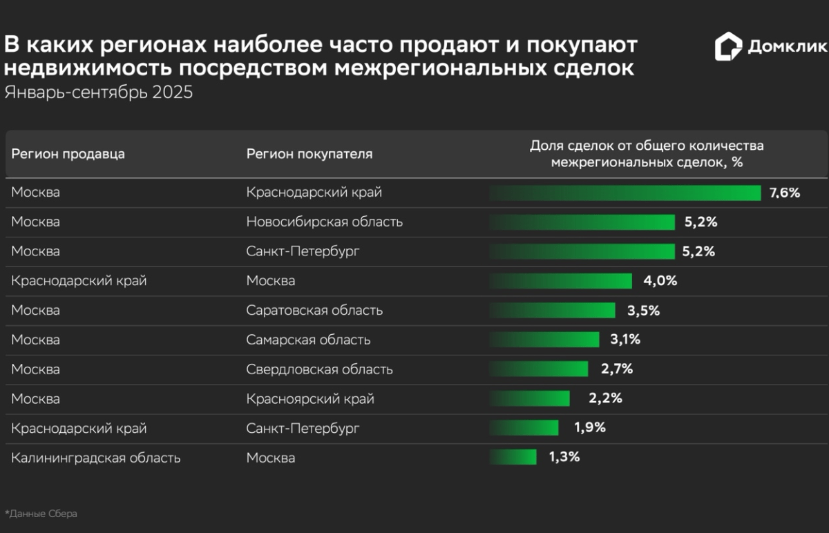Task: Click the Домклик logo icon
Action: [x=728, y=47]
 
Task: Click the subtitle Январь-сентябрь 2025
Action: [x=99, y=93]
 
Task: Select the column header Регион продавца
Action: [x=68, y=154]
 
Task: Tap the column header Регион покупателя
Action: [x=309, y=154]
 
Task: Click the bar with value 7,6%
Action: [x=625, y=193]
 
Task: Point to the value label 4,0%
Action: [x=661, y=281]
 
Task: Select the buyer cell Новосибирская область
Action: [x=325, y=222]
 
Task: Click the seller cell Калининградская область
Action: [x=96, y=458]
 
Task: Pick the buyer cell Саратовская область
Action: [x=314, y=311]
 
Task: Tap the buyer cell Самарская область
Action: [x=308, y=340]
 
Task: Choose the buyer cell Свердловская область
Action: [x=319, y=369]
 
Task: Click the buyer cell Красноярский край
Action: [x=310, y=399]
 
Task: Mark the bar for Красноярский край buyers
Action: [x=530, y=399]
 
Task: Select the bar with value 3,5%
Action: [x=553, y=311]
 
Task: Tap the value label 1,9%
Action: [x=589, y=428]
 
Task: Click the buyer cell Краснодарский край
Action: [x=314, y=193]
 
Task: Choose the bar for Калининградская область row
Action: [x=513, y=457]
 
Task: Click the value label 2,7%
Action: [x=617, y=369]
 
